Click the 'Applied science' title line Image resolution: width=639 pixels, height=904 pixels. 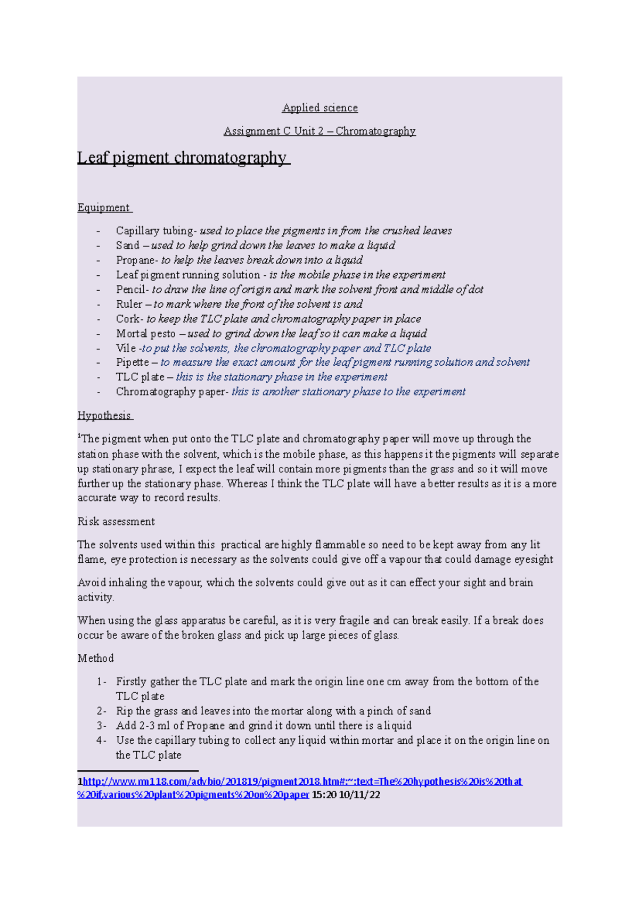pos(319,108)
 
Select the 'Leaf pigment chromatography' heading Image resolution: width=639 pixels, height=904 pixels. pos(183,158)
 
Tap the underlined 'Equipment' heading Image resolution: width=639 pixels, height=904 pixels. pos(104,208)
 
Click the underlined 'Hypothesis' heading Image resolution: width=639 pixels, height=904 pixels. pos(104,415)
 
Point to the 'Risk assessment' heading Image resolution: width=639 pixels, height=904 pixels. pos(116,522)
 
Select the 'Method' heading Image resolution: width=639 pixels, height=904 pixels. pos(96,659)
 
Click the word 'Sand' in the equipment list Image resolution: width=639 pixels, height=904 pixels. pos(127,245)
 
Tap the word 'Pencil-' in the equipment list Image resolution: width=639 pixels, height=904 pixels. pos(132,290)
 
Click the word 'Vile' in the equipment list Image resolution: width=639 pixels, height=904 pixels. pos(126,348)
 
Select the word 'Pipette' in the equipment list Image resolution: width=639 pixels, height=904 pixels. pos(133,363)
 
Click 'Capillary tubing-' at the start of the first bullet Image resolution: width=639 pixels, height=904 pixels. pos(156,231)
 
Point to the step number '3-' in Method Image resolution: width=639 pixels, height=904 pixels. pos(101,726)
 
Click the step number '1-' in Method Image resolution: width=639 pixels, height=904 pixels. pos(101,681)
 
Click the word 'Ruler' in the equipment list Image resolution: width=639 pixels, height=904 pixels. pos(129,305)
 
